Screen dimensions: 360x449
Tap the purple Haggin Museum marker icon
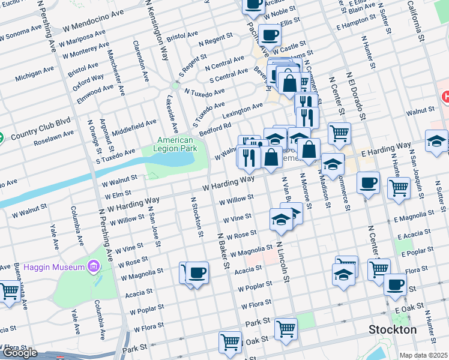pos(93,265)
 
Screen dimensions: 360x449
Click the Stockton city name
pos(393,329)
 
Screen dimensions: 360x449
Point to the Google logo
pos(20,353)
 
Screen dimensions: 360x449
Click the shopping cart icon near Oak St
pos(230,342)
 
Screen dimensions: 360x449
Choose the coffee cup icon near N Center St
pos(368,182)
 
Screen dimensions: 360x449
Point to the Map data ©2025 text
pos(423,355)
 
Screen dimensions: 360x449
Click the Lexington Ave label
pos(243,109)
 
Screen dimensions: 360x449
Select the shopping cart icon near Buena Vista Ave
pos(9,292)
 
